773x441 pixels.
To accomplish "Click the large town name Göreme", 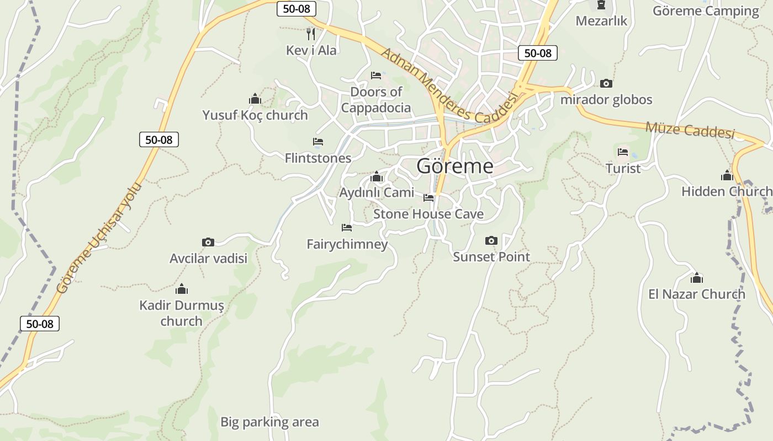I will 454,166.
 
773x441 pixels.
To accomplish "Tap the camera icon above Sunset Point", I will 491,241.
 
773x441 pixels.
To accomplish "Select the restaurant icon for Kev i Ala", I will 311,34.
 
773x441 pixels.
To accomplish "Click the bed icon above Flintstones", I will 318,142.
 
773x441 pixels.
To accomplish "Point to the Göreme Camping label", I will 706,11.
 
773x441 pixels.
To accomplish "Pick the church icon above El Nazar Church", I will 697,278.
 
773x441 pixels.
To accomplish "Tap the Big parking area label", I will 269,422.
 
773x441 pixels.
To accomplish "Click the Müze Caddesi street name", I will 690,130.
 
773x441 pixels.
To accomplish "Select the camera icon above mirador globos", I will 606,84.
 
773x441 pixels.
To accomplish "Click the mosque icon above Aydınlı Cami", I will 377,176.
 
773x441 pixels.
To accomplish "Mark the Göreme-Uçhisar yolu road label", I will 99,238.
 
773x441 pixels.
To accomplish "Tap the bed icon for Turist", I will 623,152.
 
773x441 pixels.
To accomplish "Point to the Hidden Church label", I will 726,192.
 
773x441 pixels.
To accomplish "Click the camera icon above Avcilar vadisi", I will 208,242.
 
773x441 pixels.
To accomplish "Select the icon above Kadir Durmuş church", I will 182,289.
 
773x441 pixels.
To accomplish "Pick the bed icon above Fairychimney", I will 347,227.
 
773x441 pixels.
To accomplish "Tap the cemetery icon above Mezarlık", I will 601,6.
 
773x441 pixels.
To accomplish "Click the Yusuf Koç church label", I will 255,115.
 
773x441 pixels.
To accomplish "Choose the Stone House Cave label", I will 428,214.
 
